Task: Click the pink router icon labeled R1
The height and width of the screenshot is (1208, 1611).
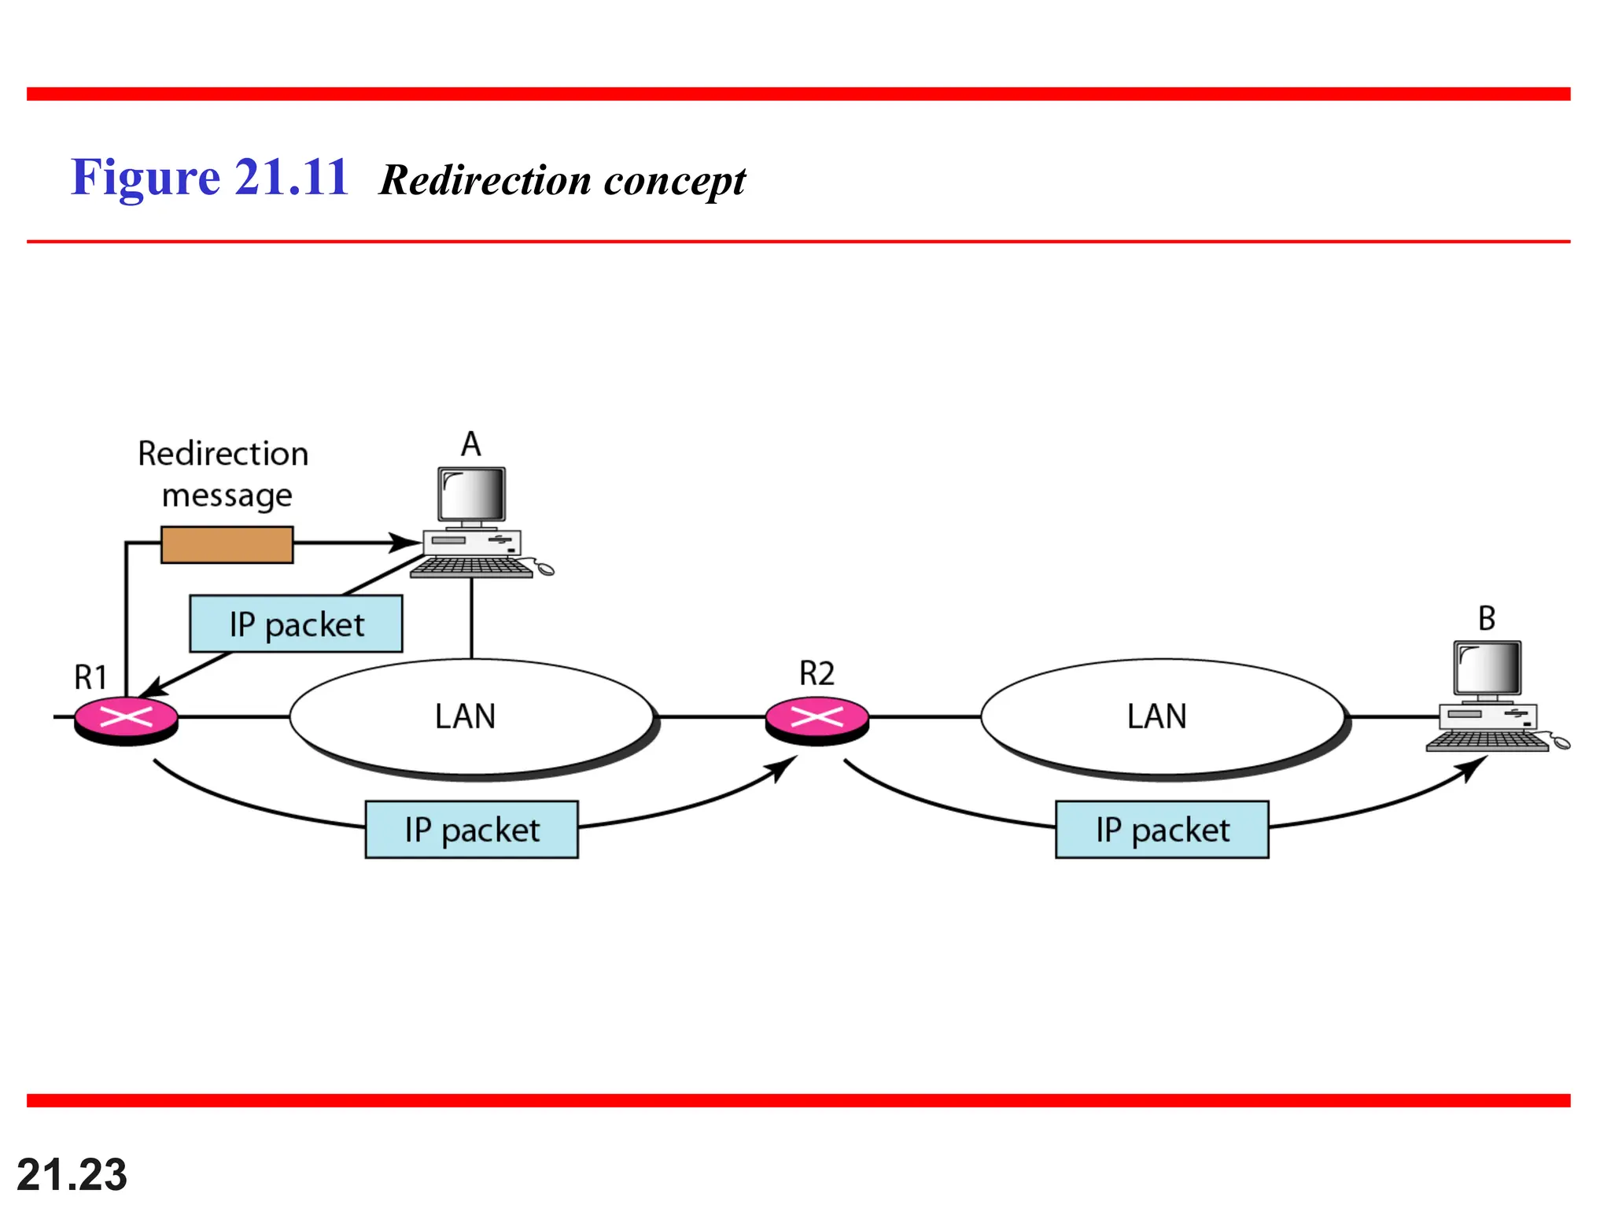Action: pos(126,718)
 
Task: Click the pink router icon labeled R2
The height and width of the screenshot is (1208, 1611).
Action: pos(817,718)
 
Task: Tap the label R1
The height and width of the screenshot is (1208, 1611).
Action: pos(90,677)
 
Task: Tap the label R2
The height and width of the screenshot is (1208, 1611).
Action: pos(817,674)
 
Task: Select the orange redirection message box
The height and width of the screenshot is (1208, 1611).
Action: pos(227,544)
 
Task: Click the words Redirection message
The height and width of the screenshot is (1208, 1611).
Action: pos(224,474)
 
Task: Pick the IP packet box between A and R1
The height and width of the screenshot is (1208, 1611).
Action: pos(296,624)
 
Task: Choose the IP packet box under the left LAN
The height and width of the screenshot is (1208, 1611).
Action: pos(471,830)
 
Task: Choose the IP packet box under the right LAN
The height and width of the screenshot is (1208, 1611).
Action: pos(1162,830)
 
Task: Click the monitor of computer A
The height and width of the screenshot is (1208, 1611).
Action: pos(471,495)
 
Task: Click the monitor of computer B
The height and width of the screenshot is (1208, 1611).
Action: pos(1487,668)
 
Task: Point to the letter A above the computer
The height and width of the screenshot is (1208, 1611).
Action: pos(470,444)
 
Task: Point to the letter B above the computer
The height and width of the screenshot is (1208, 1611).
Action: pos(1486,618)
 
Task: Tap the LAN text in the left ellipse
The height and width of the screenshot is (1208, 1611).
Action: pos(465,716)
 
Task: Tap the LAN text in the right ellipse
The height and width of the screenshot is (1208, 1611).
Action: pos(1156,716)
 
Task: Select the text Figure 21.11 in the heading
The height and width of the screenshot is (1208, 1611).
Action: pos(209,177)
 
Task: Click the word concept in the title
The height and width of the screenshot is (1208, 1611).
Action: pos(674,181)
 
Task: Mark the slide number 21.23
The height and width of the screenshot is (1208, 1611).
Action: pos(72,1175)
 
